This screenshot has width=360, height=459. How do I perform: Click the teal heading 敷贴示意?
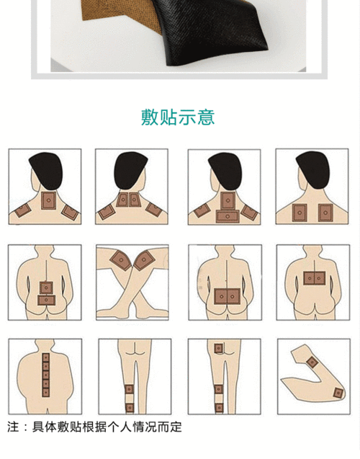(x=178, y=117)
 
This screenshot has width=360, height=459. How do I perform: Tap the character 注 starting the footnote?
(x=13, y=427)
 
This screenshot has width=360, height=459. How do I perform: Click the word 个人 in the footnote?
(x=122, y=427)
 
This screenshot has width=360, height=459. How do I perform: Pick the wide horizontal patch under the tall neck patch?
(x=228, y=215)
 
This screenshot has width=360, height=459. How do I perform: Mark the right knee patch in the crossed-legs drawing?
(x=145, y=257)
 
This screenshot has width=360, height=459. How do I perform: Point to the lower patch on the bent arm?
(x=338, y=393)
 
